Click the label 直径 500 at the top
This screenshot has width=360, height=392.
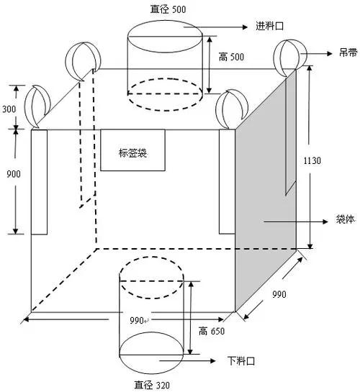[x=168, y=9]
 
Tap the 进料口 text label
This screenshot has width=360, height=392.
[x=270, y=26]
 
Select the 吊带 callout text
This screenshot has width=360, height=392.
[x=348, y=53]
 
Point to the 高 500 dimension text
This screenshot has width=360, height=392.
[x=231, y=57]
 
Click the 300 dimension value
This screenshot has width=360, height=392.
[x=9, y=109]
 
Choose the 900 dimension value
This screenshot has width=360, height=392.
[x=14, y=174]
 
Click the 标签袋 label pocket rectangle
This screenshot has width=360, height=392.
[x=132, y=150]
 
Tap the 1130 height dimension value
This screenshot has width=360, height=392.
[x=312, y=160]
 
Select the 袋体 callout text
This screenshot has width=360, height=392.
[x=346, y=219]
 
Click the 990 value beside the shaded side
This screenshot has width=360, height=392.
[x=279, y=294]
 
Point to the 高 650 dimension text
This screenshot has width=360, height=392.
[x=212, y=332]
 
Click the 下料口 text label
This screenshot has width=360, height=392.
[x=241, y=361]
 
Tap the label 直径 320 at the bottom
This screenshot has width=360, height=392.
[x=152, y=385]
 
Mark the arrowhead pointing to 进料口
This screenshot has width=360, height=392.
[x=245, y=27]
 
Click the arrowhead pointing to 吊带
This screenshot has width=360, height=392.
[x=330, y=53]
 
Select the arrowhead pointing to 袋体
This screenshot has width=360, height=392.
[x=325, y=222]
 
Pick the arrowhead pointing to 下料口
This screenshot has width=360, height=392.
[x=213, y=361]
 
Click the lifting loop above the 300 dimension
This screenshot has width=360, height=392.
[x=37, y=106]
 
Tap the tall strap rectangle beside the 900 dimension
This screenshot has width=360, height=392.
[x=39, y=182]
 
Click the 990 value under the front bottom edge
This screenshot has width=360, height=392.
[x=137, y=320]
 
